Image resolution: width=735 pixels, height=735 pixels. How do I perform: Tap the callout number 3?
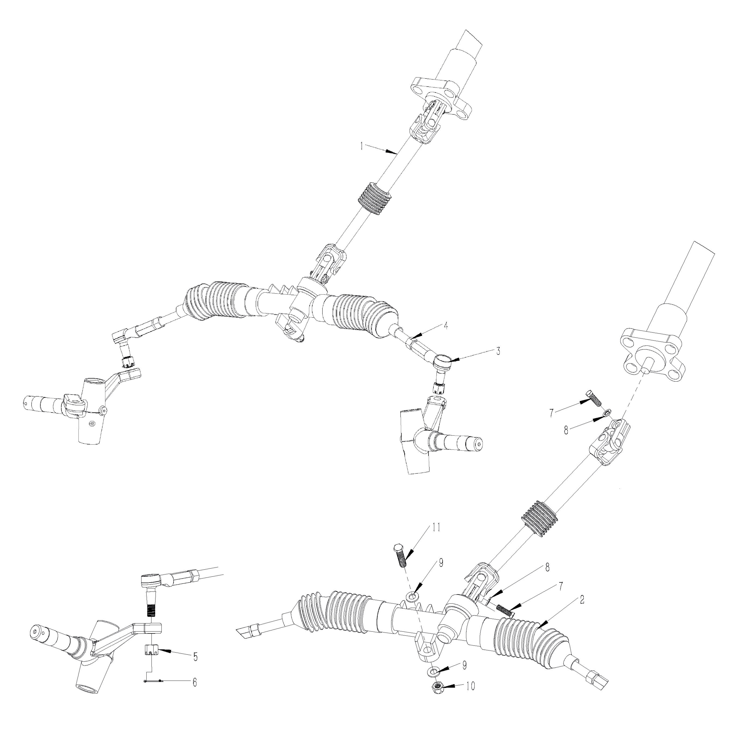(498, 351)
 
